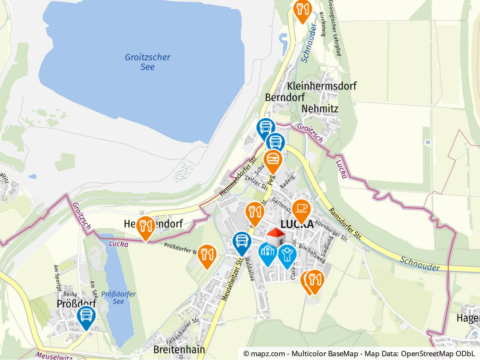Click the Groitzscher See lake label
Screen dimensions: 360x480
pos(147,62)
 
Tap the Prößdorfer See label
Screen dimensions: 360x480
pos(118,298)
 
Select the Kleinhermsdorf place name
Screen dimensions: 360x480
pos(322,86)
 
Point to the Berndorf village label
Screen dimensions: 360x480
pos(285,97)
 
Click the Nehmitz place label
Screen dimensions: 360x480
pos(320,109)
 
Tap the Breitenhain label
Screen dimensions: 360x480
pos(179,349)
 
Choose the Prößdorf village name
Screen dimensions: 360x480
pos(76,304)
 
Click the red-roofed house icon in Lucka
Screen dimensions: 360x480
pos(276,237)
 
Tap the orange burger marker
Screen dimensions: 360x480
pos(272,160)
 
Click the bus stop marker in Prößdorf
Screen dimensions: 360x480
pos(86,316)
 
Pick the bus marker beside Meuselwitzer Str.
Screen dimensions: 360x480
pos(242,242)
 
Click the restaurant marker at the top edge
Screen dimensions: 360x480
pos(303,9)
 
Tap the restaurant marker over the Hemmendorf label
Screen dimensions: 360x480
pos(145,227)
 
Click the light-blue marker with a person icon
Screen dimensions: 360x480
pos(287,255)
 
